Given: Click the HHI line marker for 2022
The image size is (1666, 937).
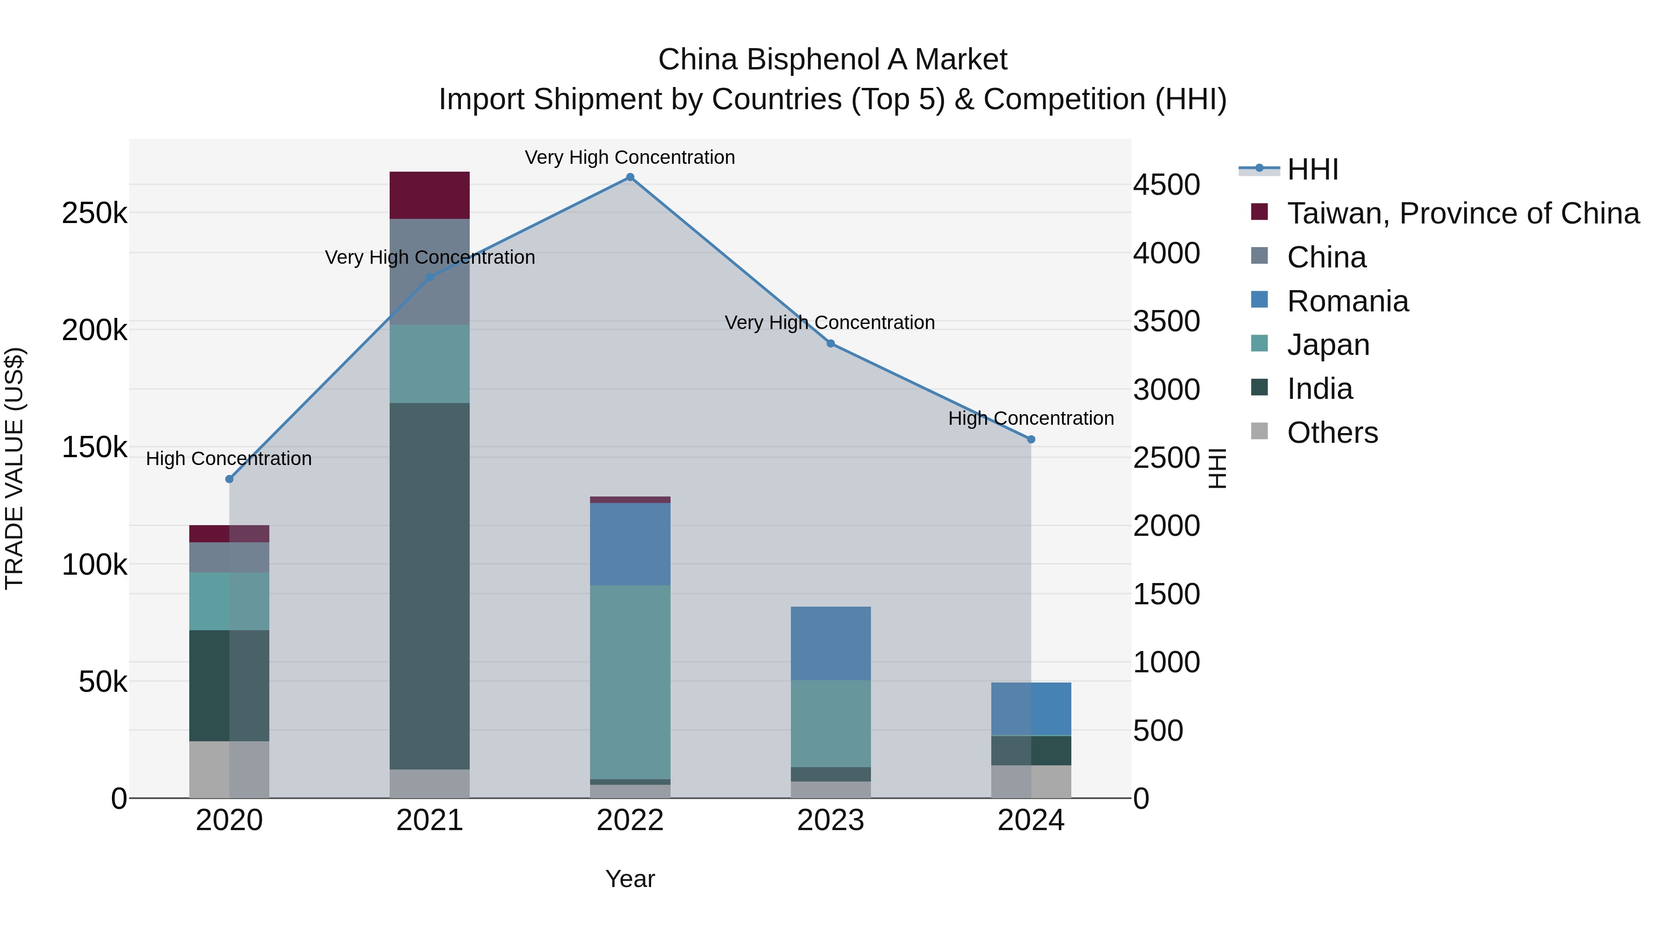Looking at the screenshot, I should [x=630, y=177].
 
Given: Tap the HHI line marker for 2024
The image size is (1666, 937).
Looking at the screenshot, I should [x=1031, y=439].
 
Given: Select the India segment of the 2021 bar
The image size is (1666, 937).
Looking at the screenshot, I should [x=429, y=585].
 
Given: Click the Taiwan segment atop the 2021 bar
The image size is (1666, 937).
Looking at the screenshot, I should [x=429, y=195].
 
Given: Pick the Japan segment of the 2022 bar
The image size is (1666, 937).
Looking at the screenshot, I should [x=630, y=682].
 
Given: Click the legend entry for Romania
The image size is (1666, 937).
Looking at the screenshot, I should [x=1347, y=301].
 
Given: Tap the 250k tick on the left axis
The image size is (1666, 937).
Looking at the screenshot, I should [x=94, y=213].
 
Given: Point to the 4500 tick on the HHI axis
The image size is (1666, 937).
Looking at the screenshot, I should [x=1167, y=185].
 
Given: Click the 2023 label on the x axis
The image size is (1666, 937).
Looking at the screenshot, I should [x=830, y=820].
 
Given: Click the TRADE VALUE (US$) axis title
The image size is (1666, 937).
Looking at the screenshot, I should [x=14, y=468].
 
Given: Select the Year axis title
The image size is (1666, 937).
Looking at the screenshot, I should [x=630, y=879].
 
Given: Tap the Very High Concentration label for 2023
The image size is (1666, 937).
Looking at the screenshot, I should [x=830, y=322].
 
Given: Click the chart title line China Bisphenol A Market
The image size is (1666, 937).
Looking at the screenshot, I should [x=833, y=60].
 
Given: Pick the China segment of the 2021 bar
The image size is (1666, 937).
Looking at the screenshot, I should [x=429, y=272].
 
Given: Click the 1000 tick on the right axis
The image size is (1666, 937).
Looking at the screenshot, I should [x=1167, y=662].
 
